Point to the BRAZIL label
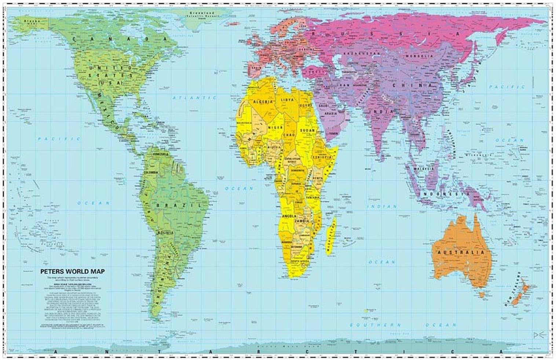(179, 205)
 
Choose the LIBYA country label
(287, 100)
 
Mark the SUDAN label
(307, 130)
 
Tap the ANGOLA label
(289, 217)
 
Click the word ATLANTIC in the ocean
(195, 98)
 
